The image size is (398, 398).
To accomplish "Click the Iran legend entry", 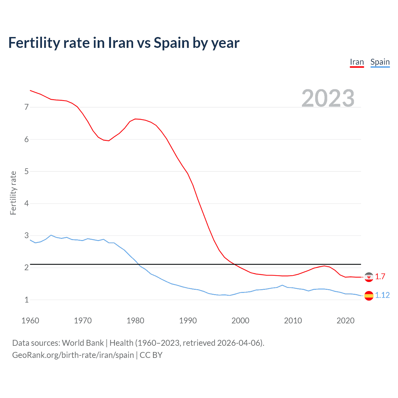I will pyautogui.click(x=357, y=62).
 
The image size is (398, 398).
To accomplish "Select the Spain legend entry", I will pyautogui.click(x=380, y=62).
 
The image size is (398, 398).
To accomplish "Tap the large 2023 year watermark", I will pyautogui.click(x=328, y=98).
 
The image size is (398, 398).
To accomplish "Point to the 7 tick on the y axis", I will pyautogui.click(x=26, y=107).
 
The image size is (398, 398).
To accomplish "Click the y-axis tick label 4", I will pyautogui.click(x=26, y=203).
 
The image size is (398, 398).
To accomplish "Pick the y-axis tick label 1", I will pyautogui.click(x=26, y=300).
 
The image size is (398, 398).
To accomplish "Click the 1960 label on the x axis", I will pyautogui.click(x=30, y=321).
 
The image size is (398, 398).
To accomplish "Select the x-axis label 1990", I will pyautogui.click(x=188, y=321).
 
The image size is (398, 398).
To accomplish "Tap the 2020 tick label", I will pyautogui.click(x=345, y=321).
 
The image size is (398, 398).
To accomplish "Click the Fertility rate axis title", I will pyautogui.click(x=13, y=193).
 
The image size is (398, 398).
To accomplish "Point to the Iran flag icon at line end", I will pyautogui.click(x=369, y=277).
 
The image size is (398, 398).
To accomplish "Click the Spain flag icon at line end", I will pyautogui.click(x=369, y=295).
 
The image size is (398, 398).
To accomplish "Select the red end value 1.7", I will pyautogui.click(x=380, y=276).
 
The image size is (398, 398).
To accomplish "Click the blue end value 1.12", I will pyautogui.click(x=382, y=295).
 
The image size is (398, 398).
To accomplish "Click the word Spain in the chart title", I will pyautogui.click(x=171, y=43).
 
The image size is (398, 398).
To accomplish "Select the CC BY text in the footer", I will pyautogui.click(x=151, y=355).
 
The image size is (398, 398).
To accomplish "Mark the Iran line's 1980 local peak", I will pyautogui.click(x=135, y=119).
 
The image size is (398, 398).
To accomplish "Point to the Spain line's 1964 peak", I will pyautogui.click(x=51, y=235).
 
